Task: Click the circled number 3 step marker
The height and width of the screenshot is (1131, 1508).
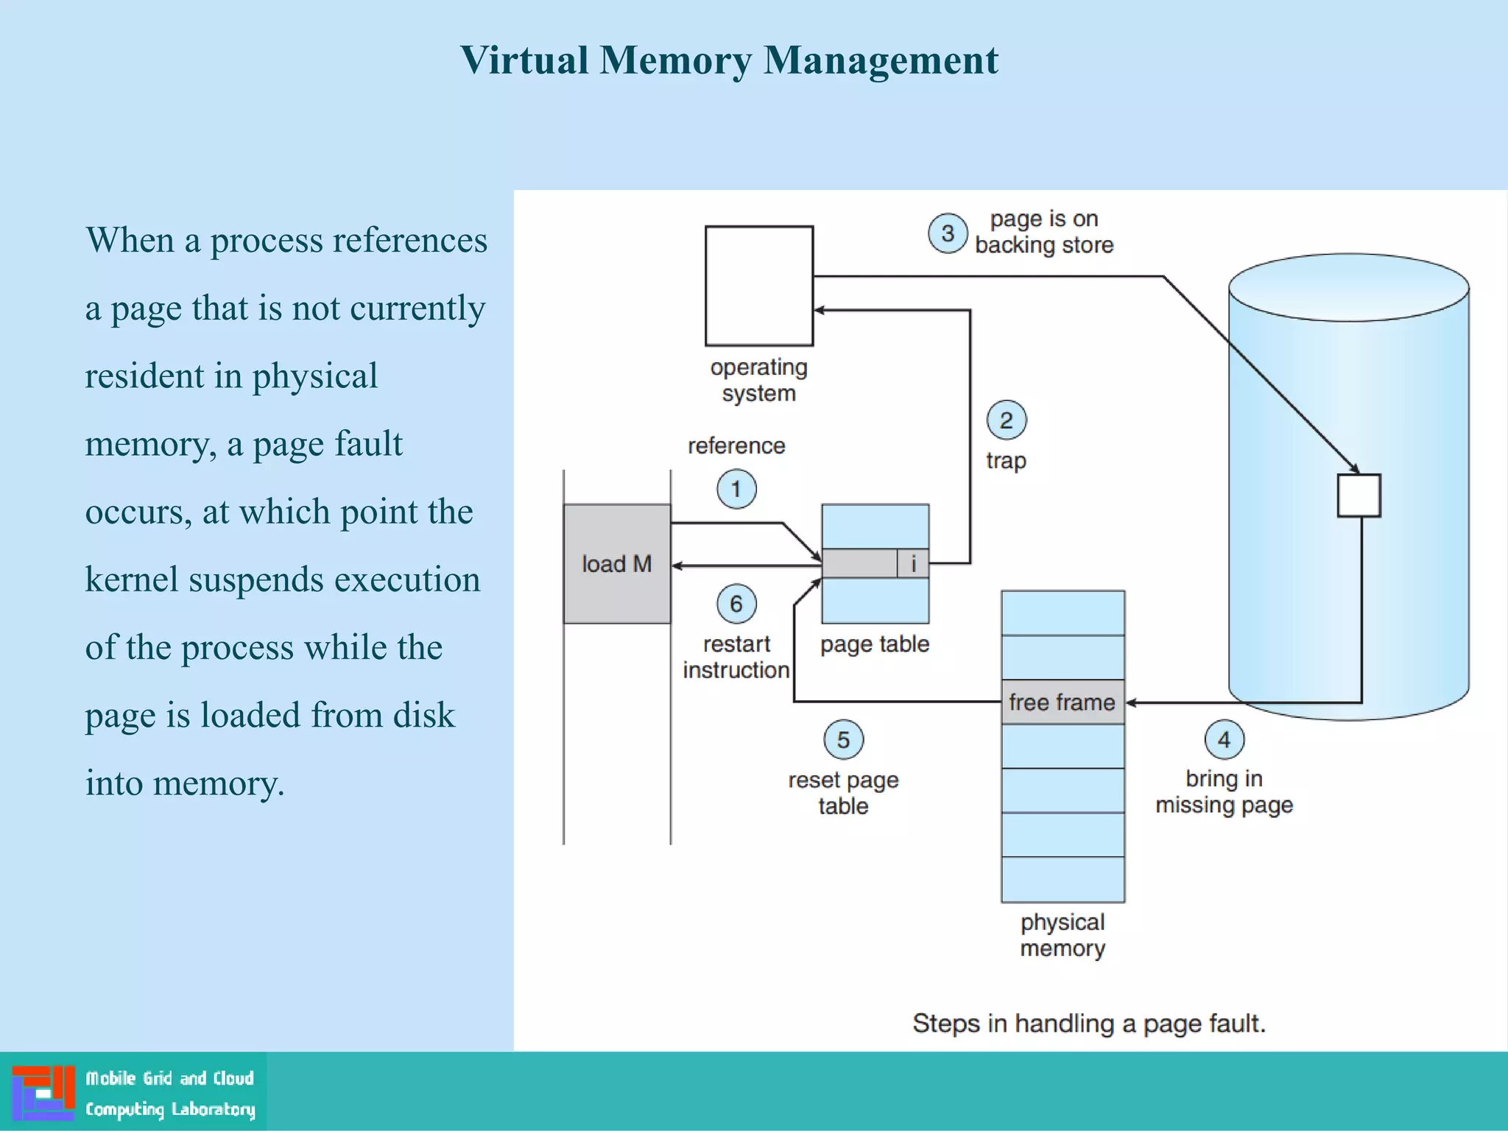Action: pos(947,233)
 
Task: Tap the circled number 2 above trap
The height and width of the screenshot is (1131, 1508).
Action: pos(1006,420)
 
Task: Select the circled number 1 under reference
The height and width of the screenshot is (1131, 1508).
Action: pos(736,489)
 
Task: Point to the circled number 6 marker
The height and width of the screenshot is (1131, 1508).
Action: pos(736,604)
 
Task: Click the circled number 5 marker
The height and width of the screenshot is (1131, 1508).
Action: pos(843,739)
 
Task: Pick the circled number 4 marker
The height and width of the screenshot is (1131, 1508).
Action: pos(1224,739)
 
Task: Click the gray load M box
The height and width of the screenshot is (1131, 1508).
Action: pos(617,564)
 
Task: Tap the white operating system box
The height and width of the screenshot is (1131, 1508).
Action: pos(758,286)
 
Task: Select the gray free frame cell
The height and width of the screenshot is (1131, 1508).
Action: pos(1062,702)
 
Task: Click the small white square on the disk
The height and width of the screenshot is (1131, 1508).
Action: pos(1359,496)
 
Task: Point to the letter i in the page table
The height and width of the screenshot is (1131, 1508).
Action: pos(913,563)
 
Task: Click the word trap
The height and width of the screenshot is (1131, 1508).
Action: pos(1006,461)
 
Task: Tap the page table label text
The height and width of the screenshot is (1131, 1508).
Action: pos(875,644)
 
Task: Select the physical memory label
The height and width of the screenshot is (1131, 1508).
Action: pos(1062,935)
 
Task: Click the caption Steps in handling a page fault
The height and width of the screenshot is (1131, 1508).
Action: pos(1088,1023)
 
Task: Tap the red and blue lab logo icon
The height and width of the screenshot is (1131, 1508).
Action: pos(43,1093)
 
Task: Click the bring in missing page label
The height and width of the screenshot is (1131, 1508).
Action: pos(1224,792)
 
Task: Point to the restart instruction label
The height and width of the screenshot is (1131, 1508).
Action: pos(736,657)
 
